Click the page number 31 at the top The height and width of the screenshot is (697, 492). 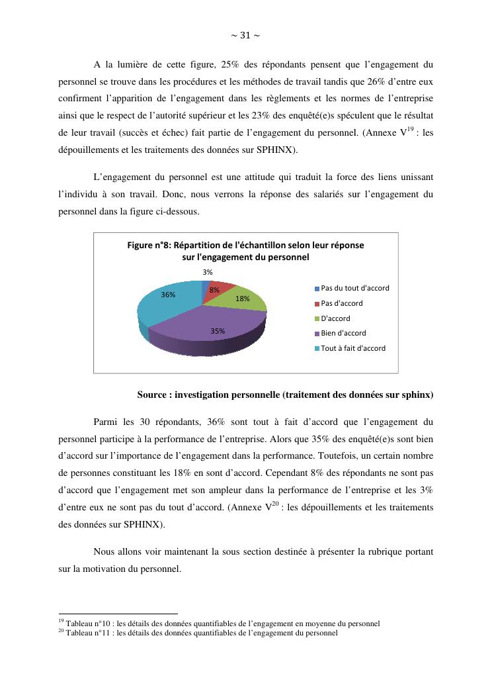pyautogui.click(x=245, y=35)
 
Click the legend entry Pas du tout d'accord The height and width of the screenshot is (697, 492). pyautogui.click(x=354, y=288)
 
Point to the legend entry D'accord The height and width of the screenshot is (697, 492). pyautogui.click(x=335, y=318)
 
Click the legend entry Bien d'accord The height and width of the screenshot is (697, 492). pyautogui.click(x=343, y=333)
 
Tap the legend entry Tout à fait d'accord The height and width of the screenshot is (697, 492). pyautogui.click(x=352, y=348)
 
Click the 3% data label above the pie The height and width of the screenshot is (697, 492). pyautogui.click(x=208, y=272)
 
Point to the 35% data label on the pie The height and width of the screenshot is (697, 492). pyautogui.click(x=218, y=330)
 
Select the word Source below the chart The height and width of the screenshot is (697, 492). pyautogui.click(x=152, y=395)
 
